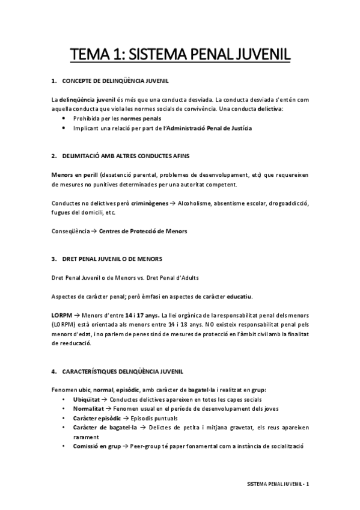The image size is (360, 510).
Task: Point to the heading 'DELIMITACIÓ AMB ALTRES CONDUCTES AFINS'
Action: [126, 156]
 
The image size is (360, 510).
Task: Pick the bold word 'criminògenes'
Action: [150, 203]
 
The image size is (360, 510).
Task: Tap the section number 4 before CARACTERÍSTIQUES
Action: [53, 372]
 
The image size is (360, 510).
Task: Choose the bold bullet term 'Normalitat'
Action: [88, 409]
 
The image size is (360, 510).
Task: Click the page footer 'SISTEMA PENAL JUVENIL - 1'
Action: [278, 484]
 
